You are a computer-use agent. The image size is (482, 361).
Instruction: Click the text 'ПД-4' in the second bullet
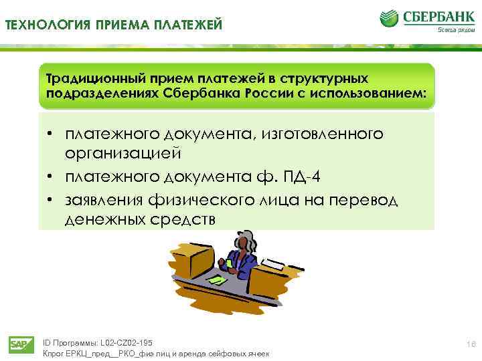pyautogui.click(x=291, y=176)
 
